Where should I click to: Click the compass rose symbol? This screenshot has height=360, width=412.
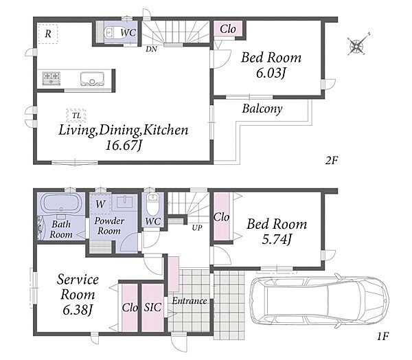pos(357,46)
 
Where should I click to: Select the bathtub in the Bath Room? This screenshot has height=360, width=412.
pos(62,203)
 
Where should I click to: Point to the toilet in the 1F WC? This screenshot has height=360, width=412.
pos(152,204)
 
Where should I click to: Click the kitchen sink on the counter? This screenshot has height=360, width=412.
pos(92,78)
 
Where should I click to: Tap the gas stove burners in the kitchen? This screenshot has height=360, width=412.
pos(51,78)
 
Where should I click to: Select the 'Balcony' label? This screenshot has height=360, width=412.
pos(262,109)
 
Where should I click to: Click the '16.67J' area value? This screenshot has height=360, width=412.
pos(124,145)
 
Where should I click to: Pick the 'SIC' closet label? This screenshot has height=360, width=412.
pos(152,307)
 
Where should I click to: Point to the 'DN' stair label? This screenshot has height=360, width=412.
pos(151,49)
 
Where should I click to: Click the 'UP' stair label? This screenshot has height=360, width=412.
pos(197,227)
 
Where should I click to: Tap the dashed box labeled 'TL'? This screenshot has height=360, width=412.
pos(76,115)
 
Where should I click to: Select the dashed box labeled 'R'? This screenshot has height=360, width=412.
pos(48,34)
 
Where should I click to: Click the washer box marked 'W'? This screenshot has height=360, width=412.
pos(101,204)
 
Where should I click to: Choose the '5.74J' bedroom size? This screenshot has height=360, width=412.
pos(277,239)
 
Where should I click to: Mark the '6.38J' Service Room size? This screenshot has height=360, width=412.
pos(78,311)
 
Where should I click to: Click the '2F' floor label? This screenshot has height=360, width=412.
pos(332,160)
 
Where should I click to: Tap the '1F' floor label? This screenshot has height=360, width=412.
pos(382,336)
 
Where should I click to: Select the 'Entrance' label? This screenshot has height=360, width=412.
pos(190,301)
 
